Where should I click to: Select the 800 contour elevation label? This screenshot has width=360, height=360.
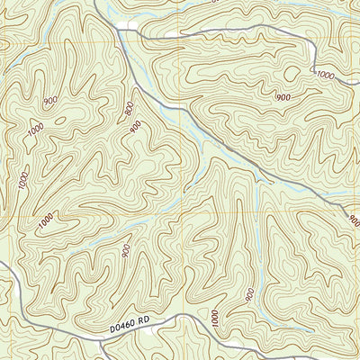coord(131,109)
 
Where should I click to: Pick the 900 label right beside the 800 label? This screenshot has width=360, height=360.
coord(135,127)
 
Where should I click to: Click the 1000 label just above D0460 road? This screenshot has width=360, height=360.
coord(214,317)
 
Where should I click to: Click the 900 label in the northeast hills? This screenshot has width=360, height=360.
coord(283,95)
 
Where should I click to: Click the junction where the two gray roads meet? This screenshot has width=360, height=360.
coord(118,32)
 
